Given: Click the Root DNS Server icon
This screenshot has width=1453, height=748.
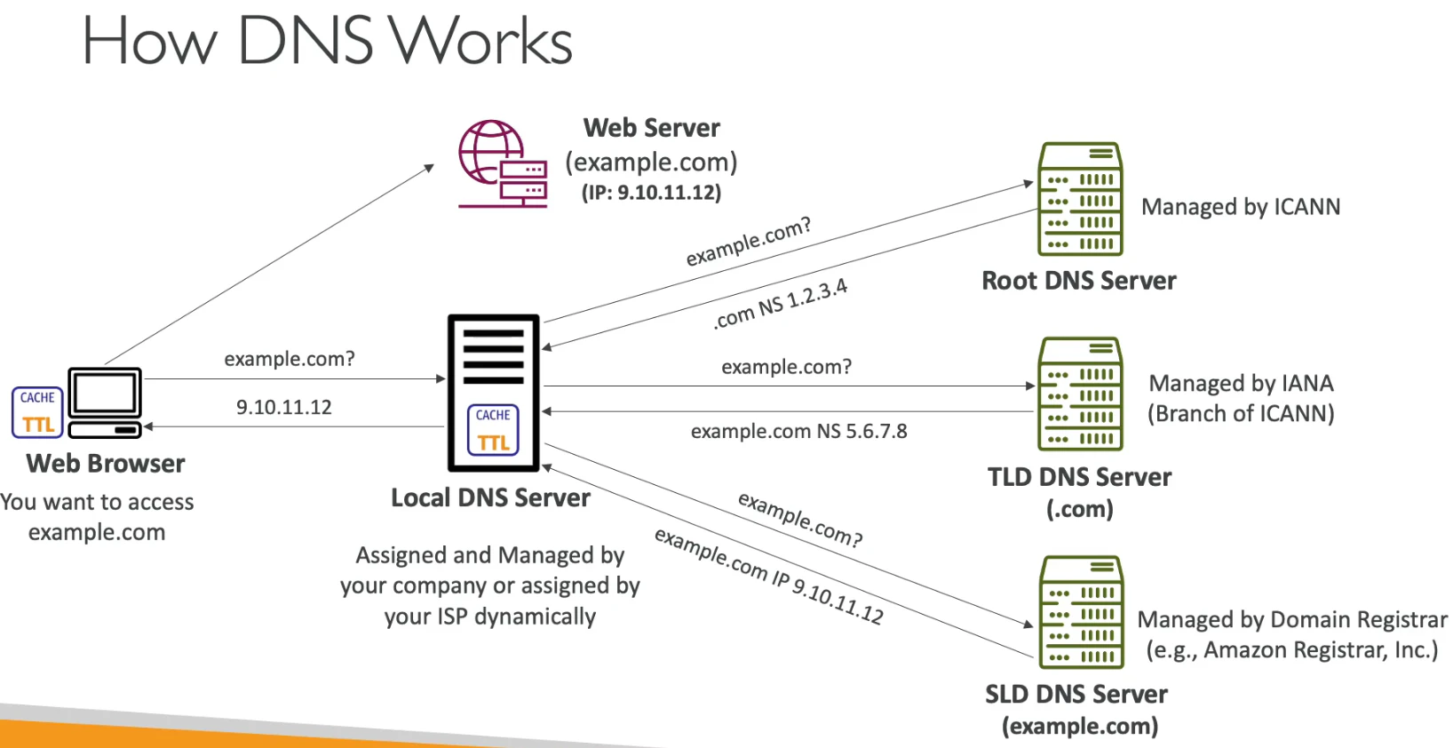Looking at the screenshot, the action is (1080, 198).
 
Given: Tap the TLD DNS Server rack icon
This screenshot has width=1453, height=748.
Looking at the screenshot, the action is (1080, 394).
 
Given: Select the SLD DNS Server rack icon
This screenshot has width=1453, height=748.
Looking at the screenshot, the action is (1081, 612).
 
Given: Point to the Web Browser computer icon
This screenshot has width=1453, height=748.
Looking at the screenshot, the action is (105, 402).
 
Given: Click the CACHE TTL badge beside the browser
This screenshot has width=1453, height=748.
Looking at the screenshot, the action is (37, 412).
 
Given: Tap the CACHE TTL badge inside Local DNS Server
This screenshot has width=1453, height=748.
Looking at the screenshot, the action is (493, 429).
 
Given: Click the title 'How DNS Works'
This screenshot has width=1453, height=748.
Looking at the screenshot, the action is (328, 40).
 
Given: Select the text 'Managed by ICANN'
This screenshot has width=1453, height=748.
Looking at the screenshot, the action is (1240, 206).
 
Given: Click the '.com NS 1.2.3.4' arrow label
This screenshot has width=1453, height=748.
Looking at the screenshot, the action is (780, 304).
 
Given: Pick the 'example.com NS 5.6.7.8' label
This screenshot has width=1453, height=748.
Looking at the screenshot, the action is (798, 431).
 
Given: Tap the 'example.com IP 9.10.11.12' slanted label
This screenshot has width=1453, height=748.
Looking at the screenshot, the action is (768, 576).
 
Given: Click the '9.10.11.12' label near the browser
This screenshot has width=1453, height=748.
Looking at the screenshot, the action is (283, 407).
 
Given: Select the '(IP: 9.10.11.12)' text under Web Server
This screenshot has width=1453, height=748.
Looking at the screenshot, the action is (651, 193).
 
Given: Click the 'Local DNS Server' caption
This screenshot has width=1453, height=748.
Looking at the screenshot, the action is (490, 497).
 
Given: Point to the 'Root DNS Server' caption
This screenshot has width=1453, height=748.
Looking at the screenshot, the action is (1079, 280).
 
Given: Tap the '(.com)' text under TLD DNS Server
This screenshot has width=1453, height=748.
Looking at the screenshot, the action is (1080, 509).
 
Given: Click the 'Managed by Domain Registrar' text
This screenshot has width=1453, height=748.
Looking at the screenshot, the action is (1292, 619).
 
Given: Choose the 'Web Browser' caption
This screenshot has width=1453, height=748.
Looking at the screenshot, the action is (105, 463).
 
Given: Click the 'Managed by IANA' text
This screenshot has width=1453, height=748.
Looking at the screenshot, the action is (1241, 383).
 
